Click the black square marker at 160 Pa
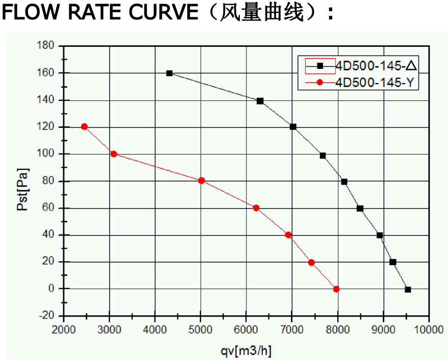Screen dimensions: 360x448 [169, 73]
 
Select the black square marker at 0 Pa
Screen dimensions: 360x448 [408, 289]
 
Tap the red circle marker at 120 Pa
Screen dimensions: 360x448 [84, 126]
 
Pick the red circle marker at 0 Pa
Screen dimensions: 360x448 [336, 289]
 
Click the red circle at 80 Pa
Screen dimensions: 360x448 [202, 181]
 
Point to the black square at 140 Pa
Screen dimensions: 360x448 [260, 101]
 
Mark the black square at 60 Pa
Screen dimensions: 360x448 [360, 208]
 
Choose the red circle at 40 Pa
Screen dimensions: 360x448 [288, 235]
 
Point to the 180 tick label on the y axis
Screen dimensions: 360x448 [46, 46]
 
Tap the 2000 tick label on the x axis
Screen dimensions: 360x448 [64, 330]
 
